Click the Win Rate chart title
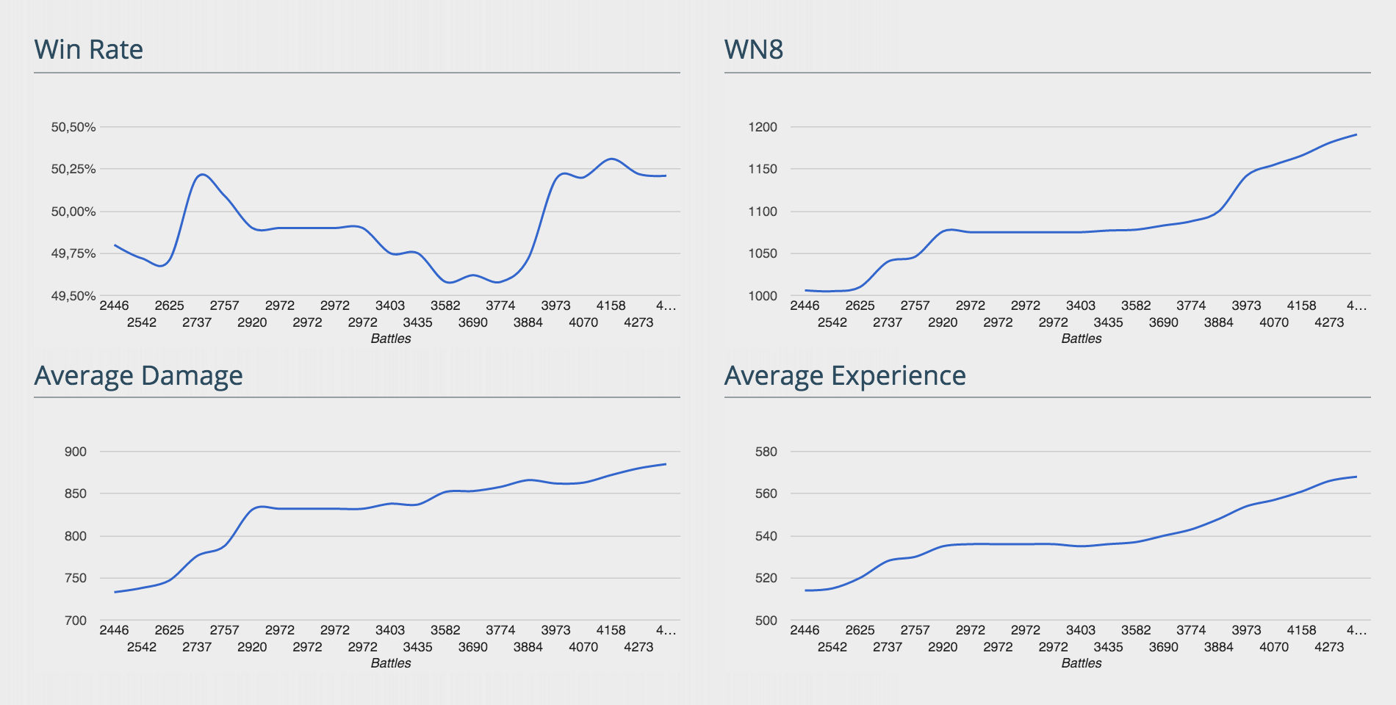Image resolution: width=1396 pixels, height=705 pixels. click(89, 49)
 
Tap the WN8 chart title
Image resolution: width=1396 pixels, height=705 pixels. click(754, 49)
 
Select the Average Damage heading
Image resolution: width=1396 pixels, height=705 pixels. click(138, 375)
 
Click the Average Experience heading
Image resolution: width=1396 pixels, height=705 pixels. click(845, 375)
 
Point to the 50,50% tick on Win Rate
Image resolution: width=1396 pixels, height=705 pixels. click(73, 127)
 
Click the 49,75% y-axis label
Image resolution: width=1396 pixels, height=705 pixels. click(73, 253)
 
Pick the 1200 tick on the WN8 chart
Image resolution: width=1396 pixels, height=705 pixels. click(763, 127)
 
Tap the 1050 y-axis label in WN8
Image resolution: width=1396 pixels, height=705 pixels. click(763, 253)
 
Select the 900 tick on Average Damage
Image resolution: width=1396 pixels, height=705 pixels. click(76, 452)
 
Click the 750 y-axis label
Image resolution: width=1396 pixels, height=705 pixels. click(76, 578)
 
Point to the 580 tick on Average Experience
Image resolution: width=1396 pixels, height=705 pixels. click(766, 452)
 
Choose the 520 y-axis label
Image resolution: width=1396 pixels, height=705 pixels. click(766, 578)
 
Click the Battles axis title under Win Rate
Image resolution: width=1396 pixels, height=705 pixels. click(391, 339)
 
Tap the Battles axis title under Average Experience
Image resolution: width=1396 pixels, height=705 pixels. click(1082, 663)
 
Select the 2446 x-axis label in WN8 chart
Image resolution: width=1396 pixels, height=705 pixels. click(805, 305)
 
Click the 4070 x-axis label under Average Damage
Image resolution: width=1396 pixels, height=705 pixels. click(583, 647)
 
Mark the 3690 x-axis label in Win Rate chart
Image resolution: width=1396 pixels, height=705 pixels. click(473, 322)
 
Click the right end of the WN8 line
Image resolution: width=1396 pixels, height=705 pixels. click(1356, 135)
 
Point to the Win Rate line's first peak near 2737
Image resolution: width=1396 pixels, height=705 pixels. click(203, 175)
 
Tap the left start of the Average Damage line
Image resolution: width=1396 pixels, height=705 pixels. click(115, 592)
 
